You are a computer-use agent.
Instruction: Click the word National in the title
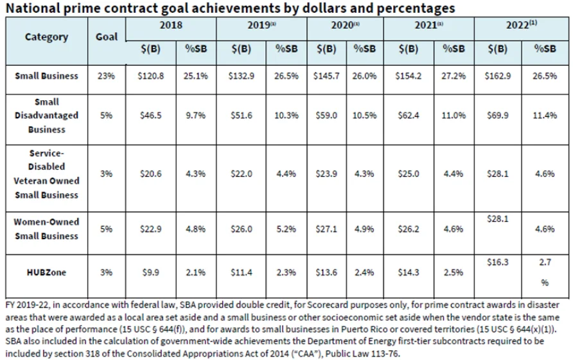pos(31,8)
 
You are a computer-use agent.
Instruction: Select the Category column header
pos(46,36)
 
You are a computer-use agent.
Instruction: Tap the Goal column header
pos(107,36)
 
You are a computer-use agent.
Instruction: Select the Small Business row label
pos(47,75)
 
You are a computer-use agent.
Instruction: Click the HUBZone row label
pos(47,272)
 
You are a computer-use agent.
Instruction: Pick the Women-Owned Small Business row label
pos(47,228)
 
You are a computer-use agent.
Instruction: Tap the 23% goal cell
pos(107,76)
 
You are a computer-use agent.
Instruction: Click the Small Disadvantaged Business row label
pos(47,116)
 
